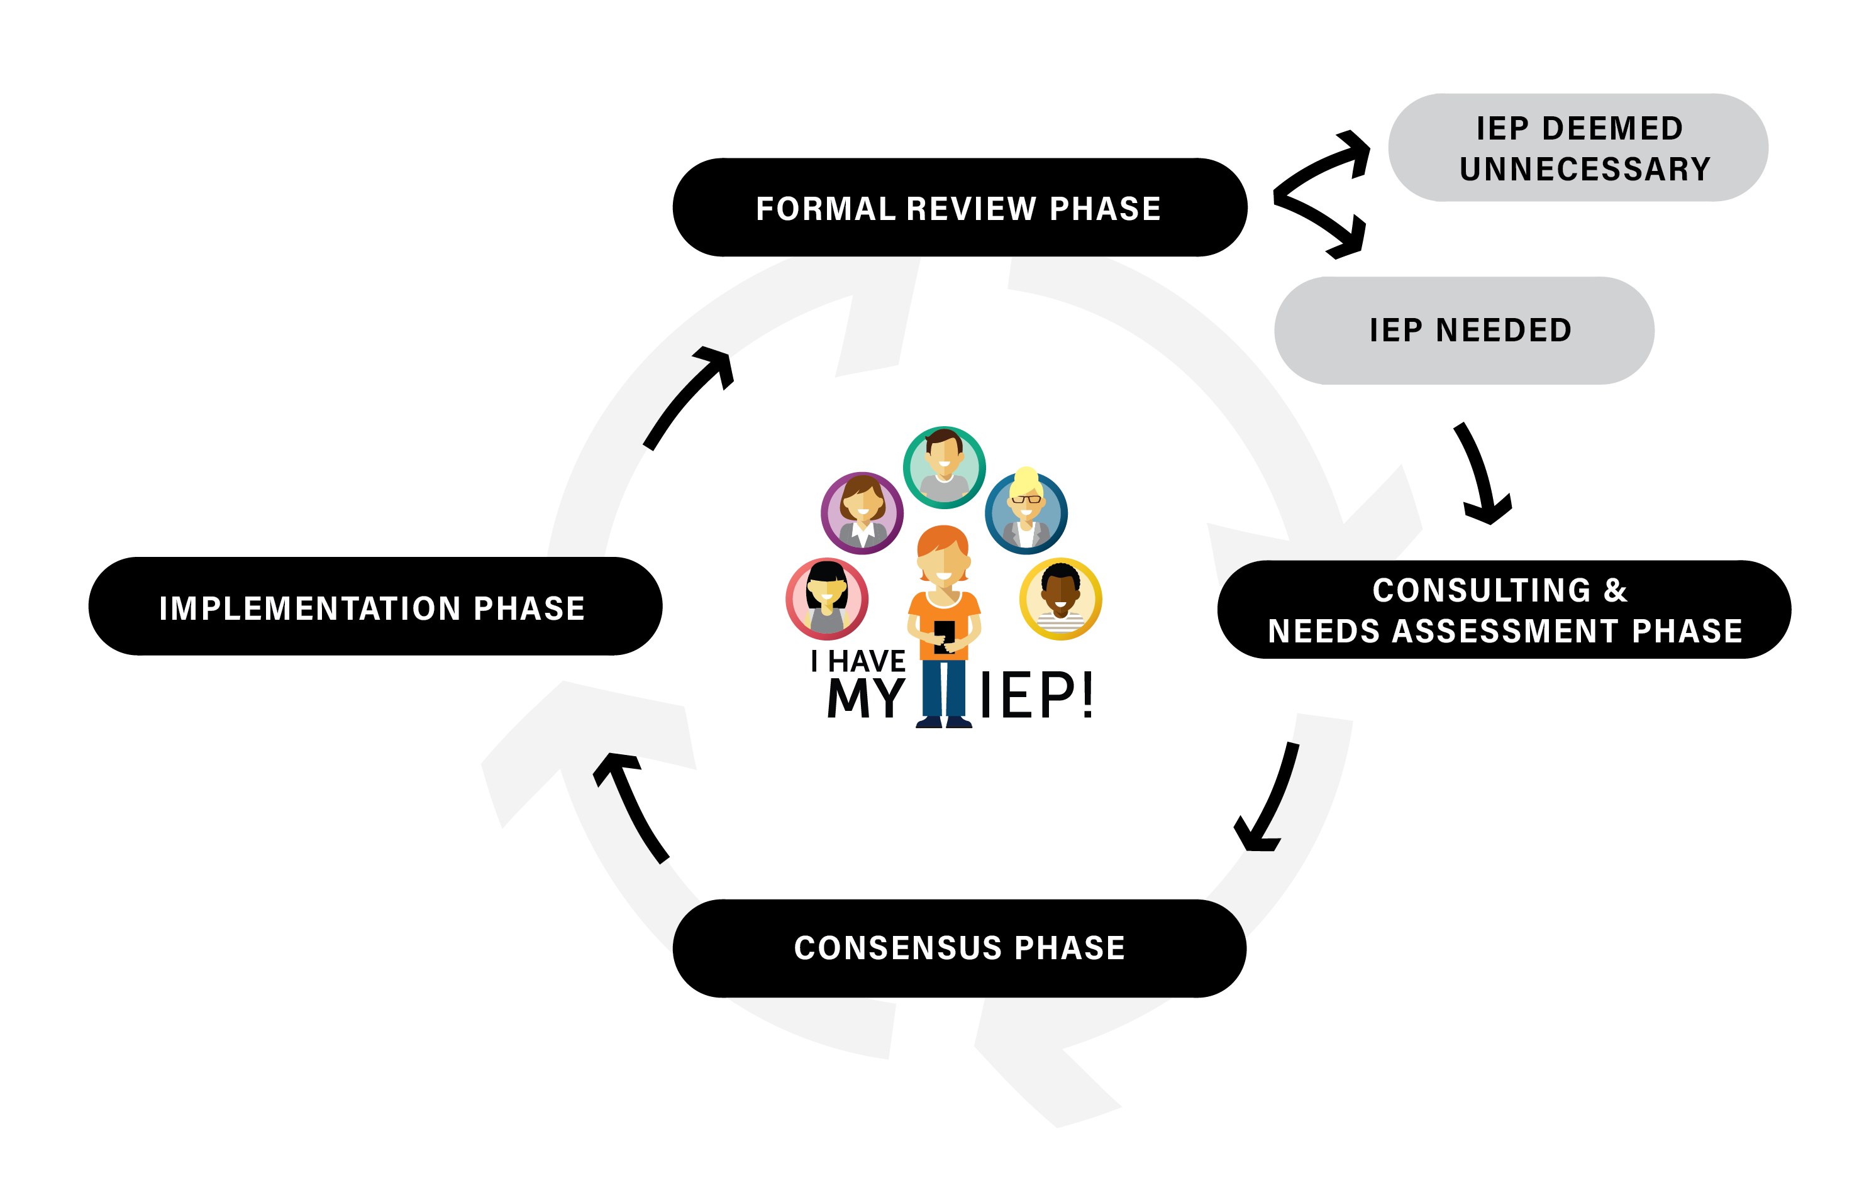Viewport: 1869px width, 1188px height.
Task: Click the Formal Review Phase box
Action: (959, 207)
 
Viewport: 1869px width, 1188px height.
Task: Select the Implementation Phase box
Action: (375, 606)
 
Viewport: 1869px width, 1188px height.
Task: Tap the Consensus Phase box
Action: (959, 949)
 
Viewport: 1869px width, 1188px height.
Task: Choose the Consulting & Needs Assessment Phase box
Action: (1504, 609)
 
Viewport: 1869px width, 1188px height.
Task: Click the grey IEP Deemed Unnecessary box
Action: (1578, 148)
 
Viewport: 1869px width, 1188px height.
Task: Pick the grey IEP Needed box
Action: (1464, 331)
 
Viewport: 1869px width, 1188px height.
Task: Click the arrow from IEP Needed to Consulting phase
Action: (1485, 473)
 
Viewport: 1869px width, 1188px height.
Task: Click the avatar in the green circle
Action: (944, 467)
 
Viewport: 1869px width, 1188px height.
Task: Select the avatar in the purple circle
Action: (862, 513)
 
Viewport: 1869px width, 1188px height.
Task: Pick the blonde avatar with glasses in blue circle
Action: (1026, 512)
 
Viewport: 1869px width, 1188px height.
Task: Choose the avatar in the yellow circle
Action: (1060, 598)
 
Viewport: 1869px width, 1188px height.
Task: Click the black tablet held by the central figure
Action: (944, 636)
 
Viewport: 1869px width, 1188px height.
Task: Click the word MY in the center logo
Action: (865, 697)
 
